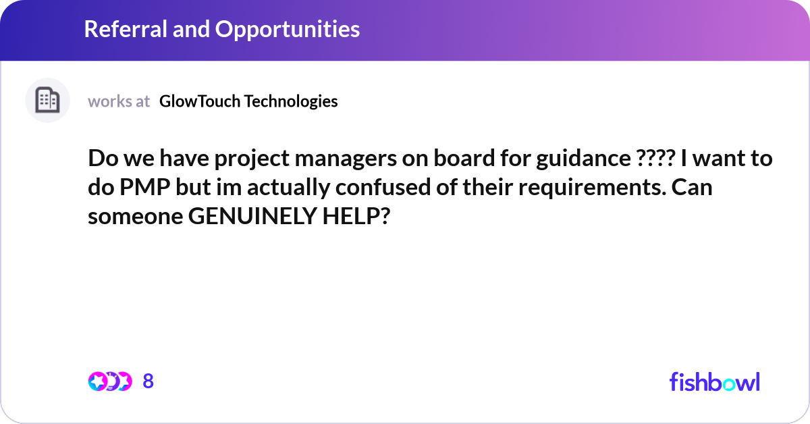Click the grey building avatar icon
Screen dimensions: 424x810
(x=47, y=101)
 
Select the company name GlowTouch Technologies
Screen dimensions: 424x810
(x=248, y=101)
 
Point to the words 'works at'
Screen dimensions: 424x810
(x=119, y=101)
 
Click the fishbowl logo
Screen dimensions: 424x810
(x=714, y=381)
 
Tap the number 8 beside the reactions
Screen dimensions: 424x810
(x=148, y=381)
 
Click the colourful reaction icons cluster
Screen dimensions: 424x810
(x=109, y=381)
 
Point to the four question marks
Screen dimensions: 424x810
(x=655, y=160)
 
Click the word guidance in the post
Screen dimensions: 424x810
(x=580, y=160)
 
